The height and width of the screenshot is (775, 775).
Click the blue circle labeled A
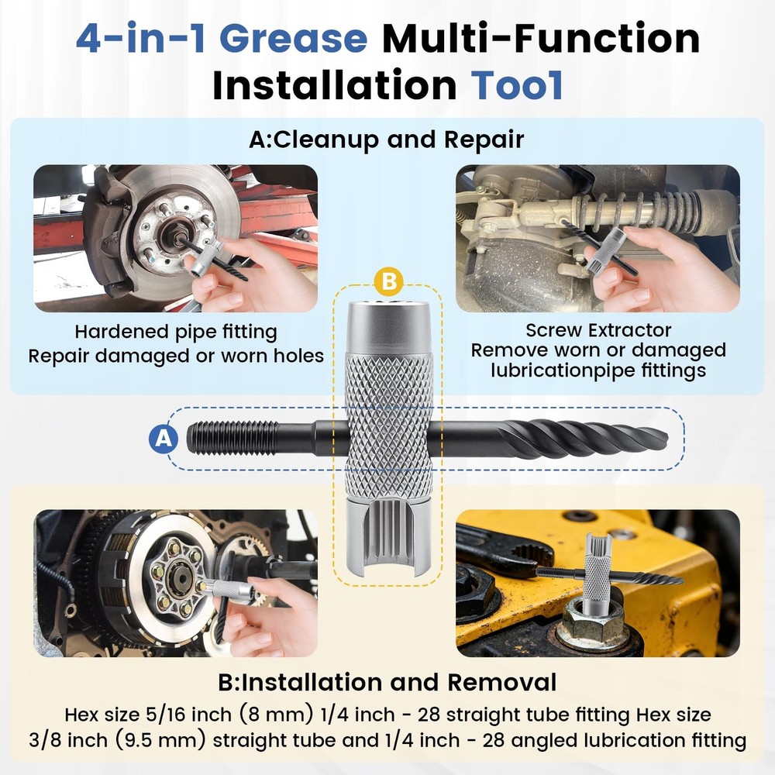tap(163, 439)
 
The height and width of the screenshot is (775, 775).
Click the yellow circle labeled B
tap(389, 280)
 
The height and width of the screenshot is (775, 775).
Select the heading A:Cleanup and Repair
tap(387, 139)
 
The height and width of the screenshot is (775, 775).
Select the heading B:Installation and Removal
tap(387, 682)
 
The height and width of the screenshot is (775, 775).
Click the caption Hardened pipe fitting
tap(176, 332)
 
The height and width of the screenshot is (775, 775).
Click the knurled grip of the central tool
tap(388, 418)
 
